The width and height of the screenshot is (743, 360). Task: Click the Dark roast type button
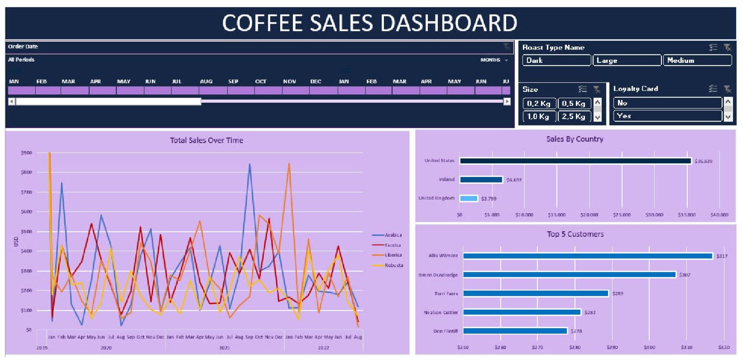click(556, 60)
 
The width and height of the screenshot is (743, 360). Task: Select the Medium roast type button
click(697, 60)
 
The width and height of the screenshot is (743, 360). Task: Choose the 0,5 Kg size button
click(574, 103)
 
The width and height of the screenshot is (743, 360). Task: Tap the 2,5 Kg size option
click(574, 116)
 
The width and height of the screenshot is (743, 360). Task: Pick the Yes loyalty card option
click(667, 116)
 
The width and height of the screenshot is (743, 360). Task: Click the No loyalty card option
click(667, 103)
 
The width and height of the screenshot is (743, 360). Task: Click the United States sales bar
click(575, 161)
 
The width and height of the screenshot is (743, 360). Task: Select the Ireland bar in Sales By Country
click(481, 180)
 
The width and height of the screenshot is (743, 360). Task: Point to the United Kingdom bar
click(469, 198)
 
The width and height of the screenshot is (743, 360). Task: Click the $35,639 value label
click(703, 161)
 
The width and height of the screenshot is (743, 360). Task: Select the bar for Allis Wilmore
click(587, 256)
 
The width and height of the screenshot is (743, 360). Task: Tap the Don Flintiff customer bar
click(515, 331)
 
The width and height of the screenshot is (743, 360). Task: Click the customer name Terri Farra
click(446, 293)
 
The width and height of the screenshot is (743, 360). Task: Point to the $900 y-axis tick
click(26, 153)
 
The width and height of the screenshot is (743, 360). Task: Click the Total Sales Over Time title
click(206, 140)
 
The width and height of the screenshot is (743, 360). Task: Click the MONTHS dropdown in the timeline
click(494, 60)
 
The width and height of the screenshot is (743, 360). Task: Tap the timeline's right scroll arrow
click(507, 101)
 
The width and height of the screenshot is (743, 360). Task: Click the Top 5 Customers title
click(575, 234)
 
